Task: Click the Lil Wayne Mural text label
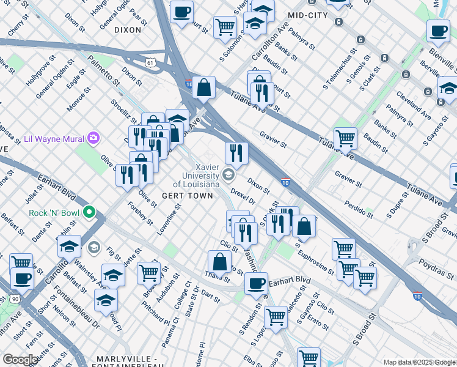click(53, 139)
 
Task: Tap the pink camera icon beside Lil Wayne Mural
click(93, 138)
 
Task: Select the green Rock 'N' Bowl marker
click(89, 213)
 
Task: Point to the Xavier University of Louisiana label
click(196, 176)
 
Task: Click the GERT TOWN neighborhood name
click(188, 196)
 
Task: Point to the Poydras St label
click(434, 265)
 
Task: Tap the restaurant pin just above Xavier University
click(236, 153)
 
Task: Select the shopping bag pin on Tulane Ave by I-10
click(203, 87)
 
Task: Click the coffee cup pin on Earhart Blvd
click(256, 283)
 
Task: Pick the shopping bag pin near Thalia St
click(219, 262)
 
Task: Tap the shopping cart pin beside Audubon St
click(148, 272)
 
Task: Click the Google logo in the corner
click(20, 360)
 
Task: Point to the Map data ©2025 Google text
click(419, 362)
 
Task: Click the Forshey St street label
click(141, 211)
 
